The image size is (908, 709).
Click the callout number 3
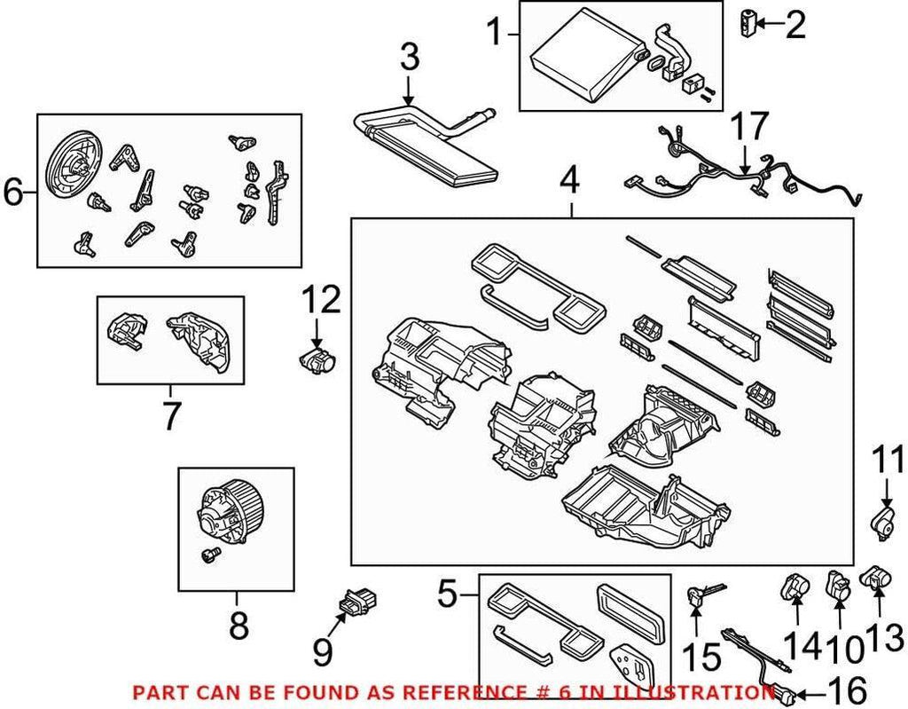click(408, 59)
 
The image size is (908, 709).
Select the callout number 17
click(749, 128)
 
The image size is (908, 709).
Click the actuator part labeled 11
click(884, 519)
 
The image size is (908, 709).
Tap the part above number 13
click(877, 579)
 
